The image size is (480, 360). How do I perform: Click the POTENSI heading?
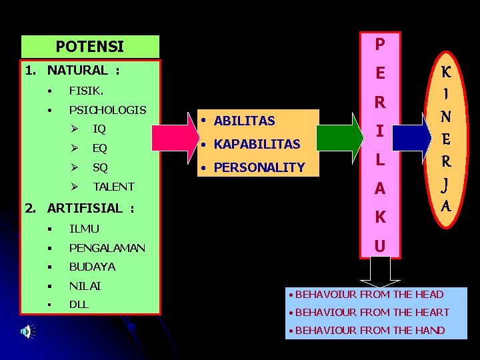tap(90, 47)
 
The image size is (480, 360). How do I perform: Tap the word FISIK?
tap(85, 89)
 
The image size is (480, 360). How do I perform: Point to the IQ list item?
tap(99, 128)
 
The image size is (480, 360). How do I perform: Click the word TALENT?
tap(113, 187)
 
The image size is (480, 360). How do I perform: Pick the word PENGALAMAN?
tap(107, 248)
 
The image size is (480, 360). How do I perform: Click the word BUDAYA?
tap(92, 267)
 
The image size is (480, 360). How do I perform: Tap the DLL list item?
tap(79, 304)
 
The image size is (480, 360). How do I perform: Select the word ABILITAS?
tap(245, 121)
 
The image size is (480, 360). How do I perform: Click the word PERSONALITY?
tap(259, 167)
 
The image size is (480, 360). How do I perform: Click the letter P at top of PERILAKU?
tap(379, 45)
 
